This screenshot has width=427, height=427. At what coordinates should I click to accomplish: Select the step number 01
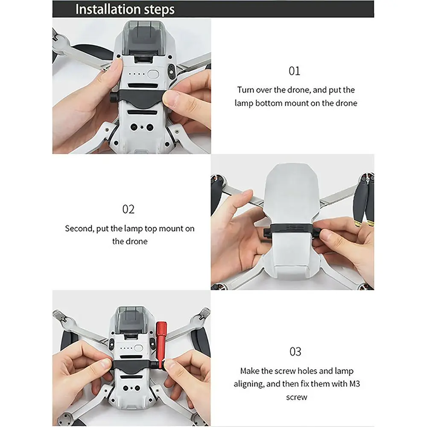click(294, 71)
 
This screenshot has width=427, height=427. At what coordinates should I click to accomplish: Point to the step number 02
click(128, 209)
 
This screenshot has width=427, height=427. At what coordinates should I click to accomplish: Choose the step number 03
click(295, 351)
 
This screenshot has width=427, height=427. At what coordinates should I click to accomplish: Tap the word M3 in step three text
click(354, 384)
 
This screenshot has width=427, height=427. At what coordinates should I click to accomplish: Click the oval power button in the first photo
click(153, 74)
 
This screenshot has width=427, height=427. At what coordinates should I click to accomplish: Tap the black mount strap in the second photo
click(292, 229)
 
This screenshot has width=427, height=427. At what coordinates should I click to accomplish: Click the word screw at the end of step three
click(297, 397)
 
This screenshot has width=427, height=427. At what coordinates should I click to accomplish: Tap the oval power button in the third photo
click(139, 348)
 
